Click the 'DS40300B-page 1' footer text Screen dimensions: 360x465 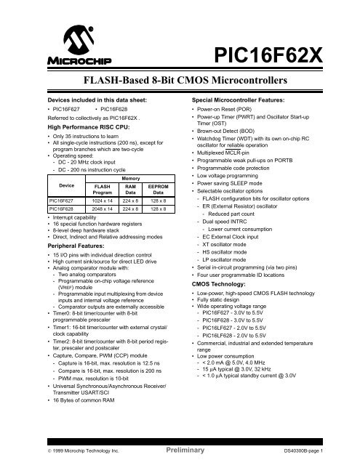pos(319,450)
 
